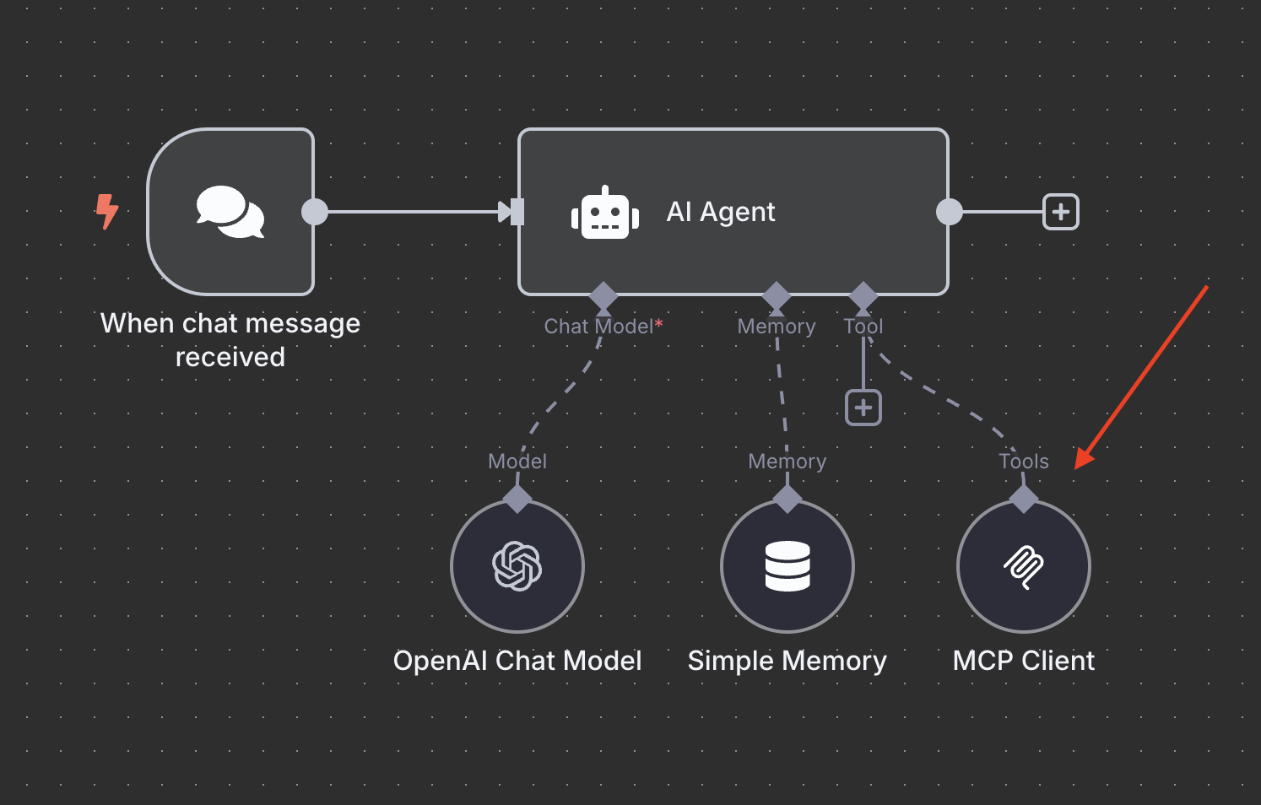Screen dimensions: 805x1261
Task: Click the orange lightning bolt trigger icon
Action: click(x=107, y=211)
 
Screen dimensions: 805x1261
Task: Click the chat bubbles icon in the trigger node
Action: click(x=230, y=212)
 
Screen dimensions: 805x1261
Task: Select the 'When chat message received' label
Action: click(x=230, y=340)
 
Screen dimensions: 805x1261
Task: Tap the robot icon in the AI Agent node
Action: click(x=604, y=213)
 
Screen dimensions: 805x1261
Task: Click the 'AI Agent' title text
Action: click(x=720, y=212)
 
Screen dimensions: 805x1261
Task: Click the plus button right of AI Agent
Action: click(x=1061, y=212)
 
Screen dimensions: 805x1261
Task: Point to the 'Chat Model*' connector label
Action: click(x=603, y=327)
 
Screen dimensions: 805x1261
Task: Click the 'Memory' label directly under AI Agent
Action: click(x=776, y=327)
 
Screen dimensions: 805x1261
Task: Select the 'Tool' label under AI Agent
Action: click(x=863, y=327)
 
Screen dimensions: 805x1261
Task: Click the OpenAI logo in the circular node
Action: click(x=517, y=566)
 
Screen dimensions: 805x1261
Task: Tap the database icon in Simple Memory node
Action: click(x=787, y=566)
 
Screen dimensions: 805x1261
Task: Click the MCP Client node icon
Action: click(x=1024, y=566)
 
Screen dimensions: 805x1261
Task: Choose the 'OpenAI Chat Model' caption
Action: click(x=517, y=661)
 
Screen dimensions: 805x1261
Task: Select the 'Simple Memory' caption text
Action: click(x=787, y=661)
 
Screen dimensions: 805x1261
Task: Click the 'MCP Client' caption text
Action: click(x=1023, y=661)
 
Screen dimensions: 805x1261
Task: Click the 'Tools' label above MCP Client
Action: click(x=1023, y=462)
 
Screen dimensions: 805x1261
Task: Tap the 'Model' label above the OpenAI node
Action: click(x=517, y=462)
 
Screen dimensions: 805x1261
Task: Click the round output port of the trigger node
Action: click(x=315, y=212)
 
